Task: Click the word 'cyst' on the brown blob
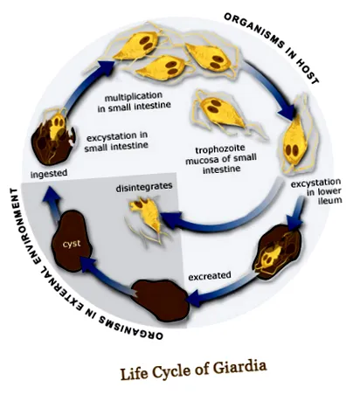(x=72, y=244)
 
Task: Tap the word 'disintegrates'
(x=144, y=187)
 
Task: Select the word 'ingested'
(x=49, y=173)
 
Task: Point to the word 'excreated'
(x=210, y=275)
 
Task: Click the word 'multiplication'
(x=134, y=96)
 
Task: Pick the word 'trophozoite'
(x=220, y=149)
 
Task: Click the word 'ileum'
(x=330, y=200)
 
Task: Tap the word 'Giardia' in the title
(x=239, y=368)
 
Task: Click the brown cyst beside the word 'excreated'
(x=160, y=301)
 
